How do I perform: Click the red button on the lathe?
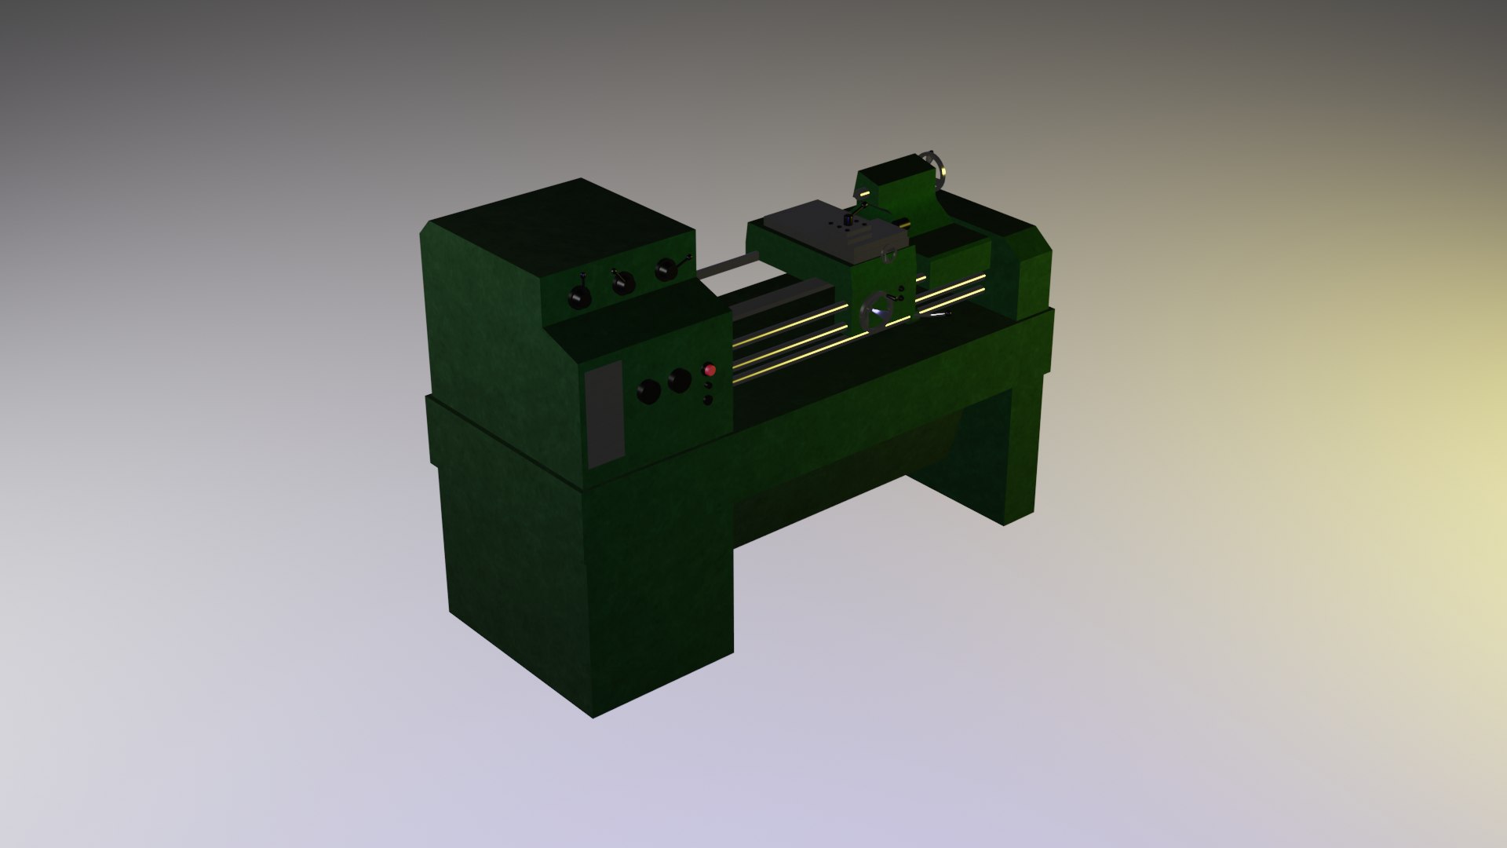tap(710, 370)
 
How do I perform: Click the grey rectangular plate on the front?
tap(605, 414)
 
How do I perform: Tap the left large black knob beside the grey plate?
tap(648, 391)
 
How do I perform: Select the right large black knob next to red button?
tap(679, 382)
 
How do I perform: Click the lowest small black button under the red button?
tap(707, 400)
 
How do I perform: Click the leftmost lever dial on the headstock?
tap(580, 296)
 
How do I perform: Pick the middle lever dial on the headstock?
tap(623, 282)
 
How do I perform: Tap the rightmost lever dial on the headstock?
tap(667, 269)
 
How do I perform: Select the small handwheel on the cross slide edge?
tap(889, 254)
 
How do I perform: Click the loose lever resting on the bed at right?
tap(938, 315)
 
